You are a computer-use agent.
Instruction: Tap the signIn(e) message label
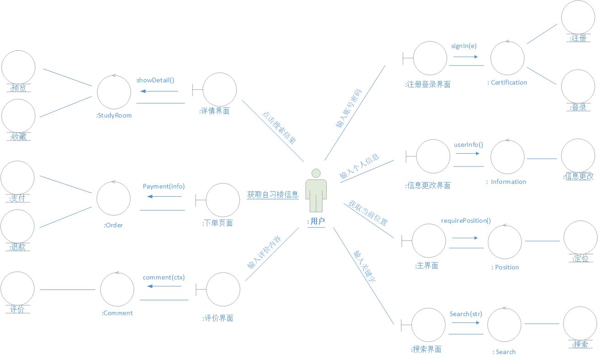(463, 46)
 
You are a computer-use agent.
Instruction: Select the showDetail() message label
(155, 80)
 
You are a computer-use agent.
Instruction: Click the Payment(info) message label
(163, 186)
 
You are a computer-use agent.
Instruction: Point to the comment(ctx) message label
(163, 277)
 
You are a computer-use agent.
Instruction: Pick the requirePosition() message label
(466, 220)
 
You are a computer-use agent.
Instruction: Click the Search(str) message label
(466, 314)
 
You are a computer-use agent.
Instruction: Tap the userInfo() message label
(468, 145)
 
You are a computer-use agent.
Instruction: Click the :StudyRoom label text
(114, 115)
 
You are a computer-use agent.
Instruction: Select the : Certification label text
(507, 82)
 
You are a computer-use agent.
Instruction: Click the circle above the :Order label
(113, 199)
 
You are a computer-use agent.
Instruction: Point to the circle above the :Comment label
(117, 290)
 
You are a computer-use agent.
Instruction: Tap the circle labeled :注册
(578, 17)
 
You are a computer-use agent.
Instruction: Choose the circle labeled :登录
(578, 86)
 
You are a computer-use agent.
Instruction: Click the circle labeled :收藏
(18, 116)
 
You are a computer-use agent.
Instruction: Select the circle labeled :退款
(17, 226)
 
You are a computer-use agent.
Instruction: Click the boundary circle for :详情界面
(220, 90)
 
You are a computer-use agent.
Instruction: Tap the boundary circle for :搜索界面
(428, 325)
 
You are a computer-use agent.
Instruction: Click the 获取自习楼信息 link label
(273, 194)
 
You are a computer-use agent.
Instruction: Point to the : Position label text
(505, 267)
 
